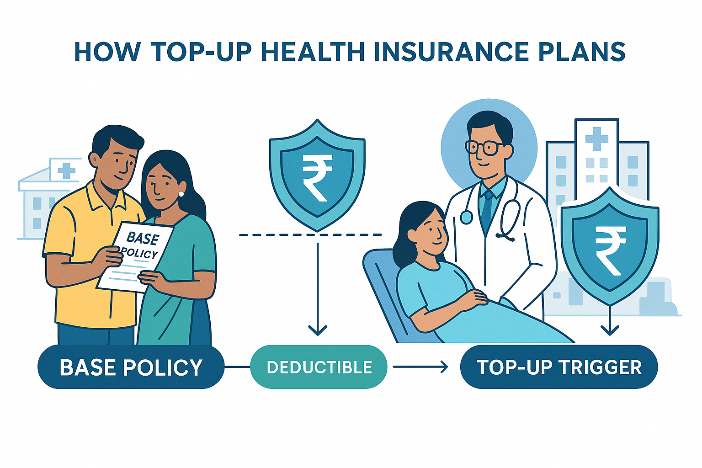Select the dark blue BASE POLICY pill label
[x=131, y=367]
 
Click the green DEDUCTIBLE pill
[x=319, y=367]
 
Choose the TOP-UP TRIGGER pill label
[x=559, y=367]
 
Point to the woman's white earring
[x=181, y=194]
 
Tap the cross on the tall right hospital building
[x=596, y=138]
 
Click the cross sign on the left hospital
[x=66, y=170]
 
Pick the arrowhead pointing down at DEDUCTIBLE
[x=318, y=329]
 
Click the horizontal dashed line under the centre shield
[x=311, y=235]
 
